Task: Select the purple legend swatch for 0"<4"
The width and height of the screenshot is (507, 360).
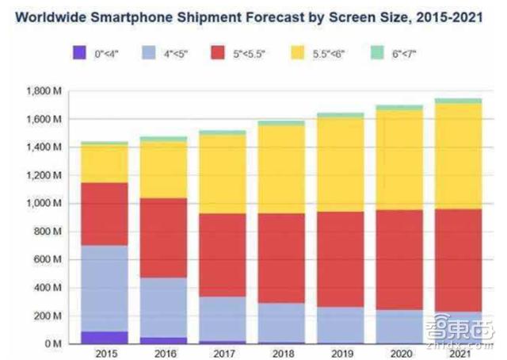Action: coord(79,55)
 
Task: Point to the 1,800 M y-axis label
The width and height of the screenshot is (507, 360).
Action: coord(46,91)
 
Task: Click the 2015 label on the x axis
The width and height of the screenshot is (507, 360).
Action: coord(105,354)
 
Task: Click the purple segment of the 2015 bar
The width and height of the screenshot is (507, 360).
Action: coord(105,337)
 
